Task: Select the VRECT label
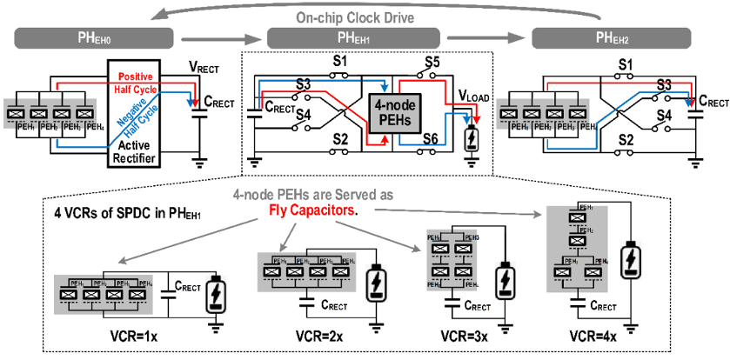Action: pos(209,67)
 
